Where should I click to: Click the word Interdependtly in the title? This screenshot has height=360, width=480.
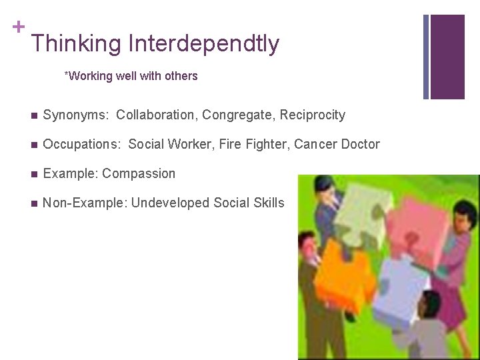point(204,44)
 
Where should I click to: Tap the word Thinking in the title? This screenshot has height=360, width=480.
point(77,44)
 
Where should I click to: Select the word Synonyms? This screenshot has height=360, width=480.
point(74,115)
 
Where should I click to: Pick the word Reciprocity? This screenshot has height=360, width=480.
point(312,115)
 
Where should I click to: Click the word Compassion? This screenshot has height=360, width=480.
point(139,174)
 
